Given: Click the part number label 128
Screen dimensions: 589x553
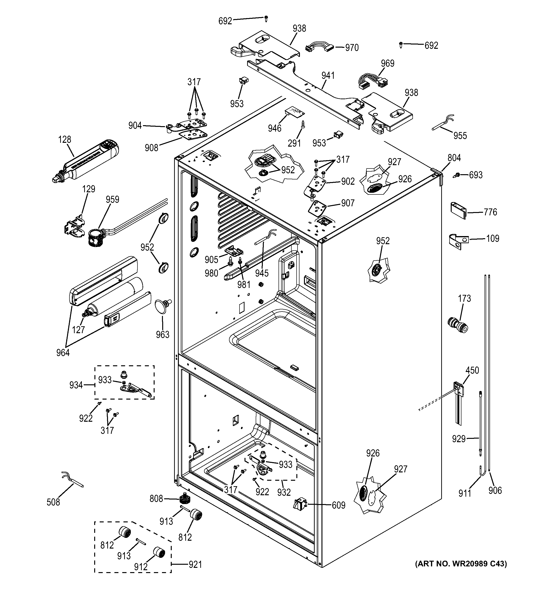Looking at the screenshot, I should coord(64,139).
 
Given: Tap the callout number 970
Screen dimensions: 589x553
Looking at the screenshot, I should coord(352,48).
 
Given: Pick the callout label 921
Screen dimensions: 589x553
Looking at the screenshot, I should coord(195,564).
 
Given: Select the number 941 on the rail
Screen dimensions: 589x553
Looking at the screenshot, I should coord(328,76).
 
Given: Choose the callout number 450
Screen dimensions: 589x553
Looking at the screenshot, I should coord(472,370).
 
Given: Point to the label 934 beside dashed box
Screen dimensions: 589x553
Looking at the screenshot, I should coord(76,385).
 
